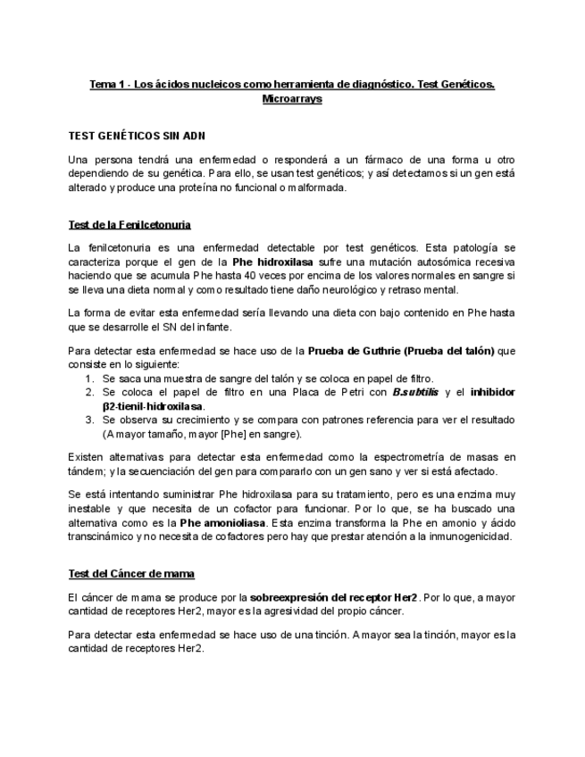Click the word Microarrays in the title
coord(292,99)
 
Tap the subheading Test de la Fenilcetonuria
coord(129,223)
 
